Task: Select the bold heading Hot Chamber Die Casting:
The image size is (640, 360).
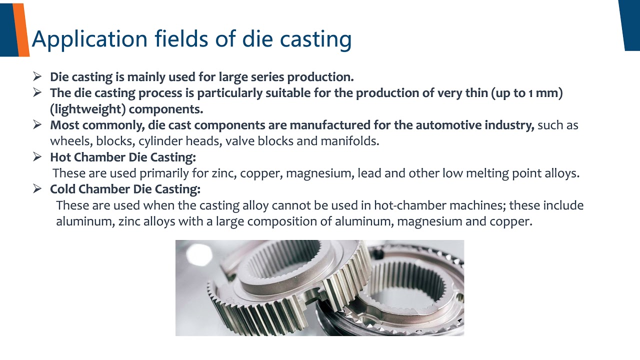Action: click(123, 157)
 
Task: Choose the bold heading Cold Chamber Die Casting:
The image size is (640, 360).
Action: click(125, 189)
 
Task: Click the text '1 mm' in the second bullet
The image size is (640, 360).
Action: click(539, 93)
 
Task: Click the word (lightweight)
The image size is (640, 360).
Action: click(87, 109)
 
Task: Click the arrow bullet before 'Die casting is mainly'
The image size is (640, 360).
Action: click(37, 76)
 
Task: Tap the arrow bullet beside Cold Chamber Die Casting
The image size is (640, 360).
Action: click(37, 188)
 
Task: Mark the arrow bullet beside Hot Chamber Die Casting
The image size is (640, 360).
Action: click(37, 156)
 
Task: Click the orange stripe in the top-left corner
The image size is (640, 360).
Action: click(21, 30)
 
